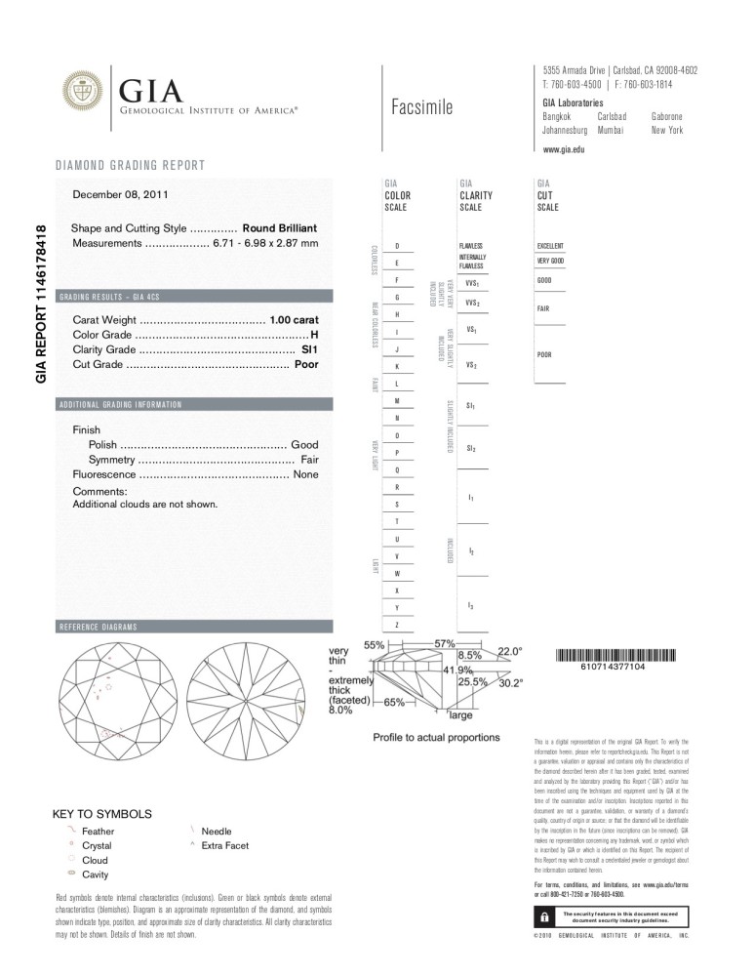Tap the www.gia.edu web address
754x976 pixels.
click(x=564, y=149)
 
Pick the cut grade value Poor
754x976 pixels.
click(x=308, y=364)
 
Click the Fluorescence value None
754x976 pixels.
click(x=306, y=473)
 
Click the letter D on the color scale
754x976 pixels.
click(x=396, y=246)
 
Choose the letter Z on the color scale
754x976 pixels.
click(x=396, y=625)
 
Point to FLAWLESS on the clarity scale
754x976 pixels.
click(x=470, y=246)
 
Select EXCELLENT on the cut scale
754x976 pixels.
click(x=551, y=246)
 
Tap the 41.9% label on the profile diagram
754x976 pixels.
click(x=458, y=671)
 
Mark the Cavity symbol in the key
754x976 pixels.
click(x=70, y=874)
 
